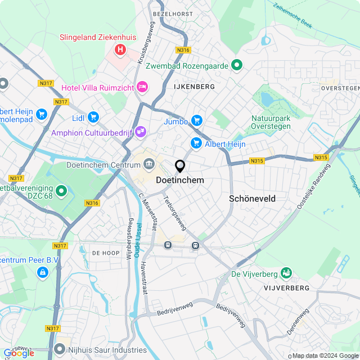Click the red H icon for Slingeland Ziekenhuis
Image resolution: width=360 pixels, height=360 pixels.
click(x=120, y=50)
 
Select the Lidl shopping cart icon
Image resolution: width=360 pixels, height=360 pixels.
click(x=93, y=118)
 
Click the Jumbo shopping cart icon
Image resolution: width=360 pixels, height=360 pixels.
click(x=196, y=120)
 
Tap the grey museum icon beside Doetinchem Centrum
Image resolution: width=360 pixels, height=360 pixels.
click(x=149, y=165)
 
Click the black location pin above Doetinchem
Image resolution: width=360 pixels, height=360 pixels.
click(x=180, y=166)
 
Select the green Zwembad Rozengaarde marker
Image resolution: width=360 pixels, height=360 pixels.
click(x=237, y=66)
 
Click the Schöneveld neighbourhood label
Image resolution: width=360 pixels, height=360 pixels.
click(x=252, y=199)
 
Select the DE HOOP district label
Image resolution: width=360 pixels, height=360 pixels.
click(x=106, y=253)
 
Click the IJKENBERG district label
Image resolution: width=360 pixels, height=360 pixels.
click(x=194, y=87)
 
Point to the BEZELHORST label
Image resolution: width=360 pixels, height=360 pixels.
click(x=174, y=13)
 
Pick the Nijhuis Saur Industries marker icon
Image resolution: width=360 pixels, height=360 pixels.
click(x=60, y=350)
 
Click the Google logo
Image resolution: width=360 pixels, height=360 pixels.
click(x=19, y=353)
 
